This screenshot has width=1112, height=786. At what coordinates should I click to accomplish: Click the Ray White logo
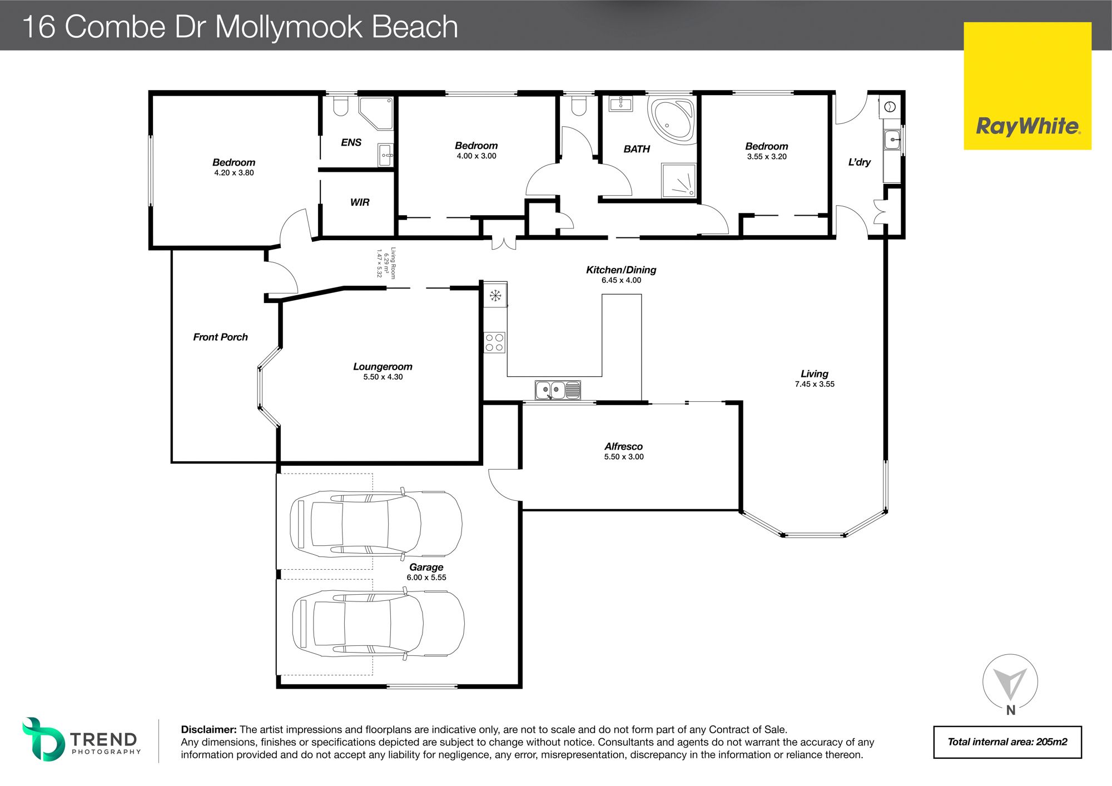1027,86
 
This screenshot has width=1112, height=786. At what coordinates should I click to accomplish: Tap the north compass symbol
1010,685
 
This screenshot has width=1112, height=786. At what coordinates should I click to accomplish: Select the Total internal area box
1007,742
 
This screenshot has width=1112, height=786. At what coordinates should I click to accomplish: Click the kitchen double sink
558,390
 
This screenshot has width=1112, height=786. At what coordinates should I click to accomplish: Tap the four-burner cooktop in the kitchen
495,342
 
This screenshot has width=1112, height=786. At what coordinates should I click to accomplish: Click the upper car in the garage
376,524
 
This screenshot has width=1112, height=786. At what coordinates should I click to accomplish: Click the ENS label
351,143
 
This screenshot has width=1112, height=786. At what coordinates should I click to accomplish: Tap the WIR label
360,202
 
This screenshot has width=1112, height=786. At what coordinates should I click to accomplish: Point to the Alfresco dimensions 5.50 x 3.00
624,457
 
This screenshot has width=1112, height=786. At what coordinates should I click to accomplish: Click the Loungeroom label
383,367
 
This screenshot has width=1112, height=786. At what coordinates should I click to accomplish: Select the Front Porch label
220,337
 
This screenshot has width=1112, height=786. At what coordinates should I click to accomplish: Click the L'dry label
860,162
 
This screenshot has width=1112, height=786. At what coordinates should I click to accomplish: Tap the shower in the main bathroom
678,180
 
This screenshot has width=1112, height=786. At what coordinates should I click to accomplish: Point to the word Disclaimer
209,730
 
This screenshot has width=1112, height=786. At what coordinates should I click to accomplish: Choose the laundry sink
892,139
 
